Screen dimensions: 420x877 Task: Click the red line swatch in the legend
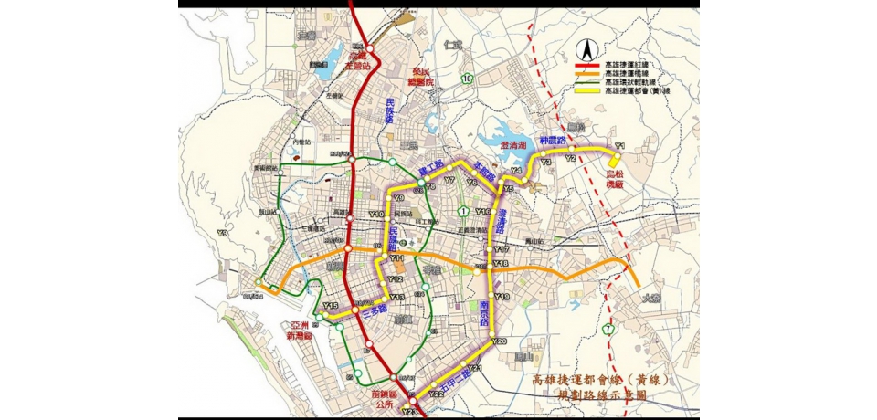pos(590,66)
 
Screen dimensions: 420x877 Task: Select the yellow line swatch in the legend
pos(590,91)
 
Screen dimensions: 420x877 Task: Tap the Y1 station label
pos(618,146)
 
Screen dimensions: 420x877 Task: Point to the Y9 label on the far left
pos(222,234)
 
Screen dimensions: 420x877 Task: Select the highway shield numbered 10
pos(467,79)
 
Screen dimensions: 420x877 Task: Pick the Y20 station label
pos(499,341)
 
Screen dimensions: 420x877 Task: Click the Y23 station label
pos(408,413)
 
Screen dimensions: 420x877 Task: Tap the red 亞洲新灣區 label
pos(301,331)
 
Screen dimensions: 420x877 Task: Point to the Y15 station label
pos(331,305)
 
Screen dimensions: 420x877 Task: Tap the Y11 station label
pos(396,259)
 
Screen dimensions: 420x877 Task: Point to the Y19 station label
pos(502,298)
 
